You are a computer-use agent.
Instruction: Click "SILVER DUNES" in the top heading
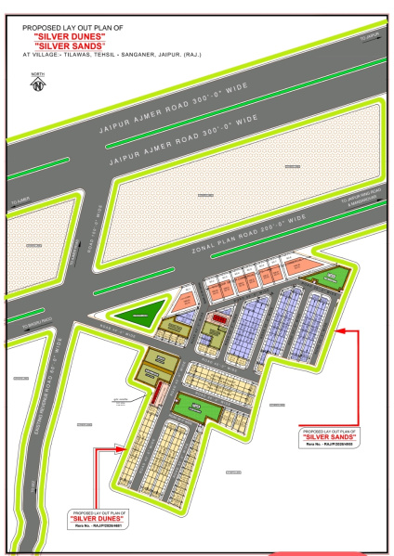point(71,35)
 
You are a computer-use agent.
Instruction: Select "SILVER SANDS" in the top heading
point(71,45)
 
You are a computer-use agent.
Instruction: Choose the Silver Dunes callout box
point(98,520)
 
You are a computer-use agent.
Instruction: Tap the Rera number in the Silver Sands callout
point(329,446)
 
